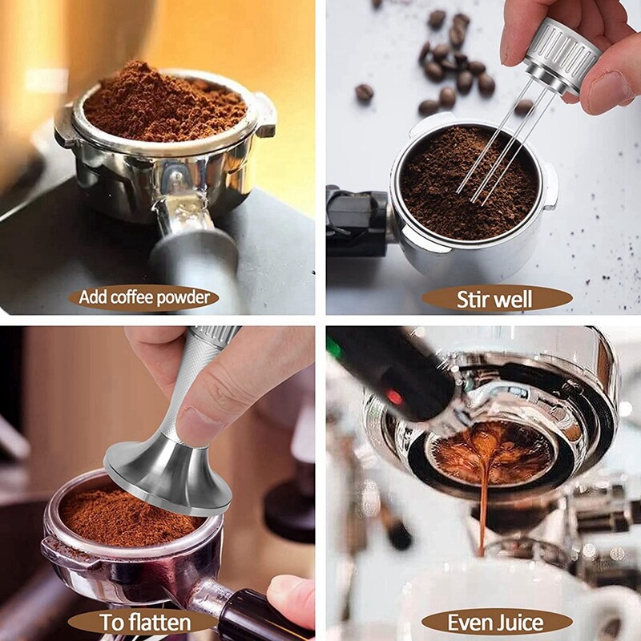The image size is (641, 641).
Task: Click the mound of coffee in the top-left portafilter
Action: (x=164, y=104)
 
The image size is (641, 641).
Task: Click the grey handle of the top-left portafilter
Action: (x=192, y=256)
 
